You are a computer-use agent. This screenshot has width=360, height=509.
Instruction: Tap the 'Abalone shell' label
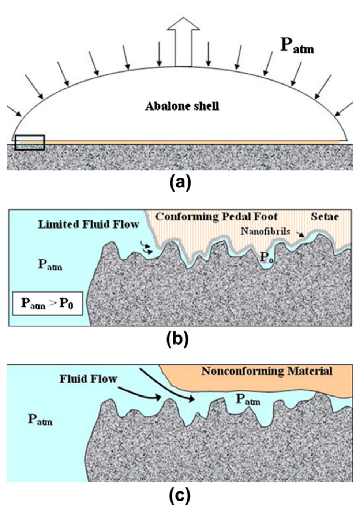click(x=182, y=107)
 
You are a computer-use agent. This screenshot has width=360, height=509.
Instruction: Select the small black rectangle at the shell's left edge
click(x=30, y=142)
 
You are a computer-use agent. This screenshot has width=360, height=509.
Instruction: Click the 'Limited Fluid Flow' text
click(x=88, y=224)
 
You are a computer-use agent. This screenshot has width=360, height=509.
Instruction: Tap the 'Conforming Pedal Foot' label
click(x=216, y=217)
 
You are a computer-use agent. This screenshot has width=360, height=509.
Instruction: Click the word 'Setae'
click(x=325, y=217)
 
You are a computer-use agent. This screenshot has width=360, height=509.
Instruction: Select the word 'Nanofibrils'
click(x=265, y=231)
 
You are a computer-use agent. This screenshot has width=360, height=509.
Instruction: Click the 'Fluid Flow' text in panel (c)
click(x=88, y=379)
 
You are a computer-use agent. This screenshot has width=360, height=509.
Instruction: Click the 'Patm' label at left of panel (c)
click(x=40, y=420)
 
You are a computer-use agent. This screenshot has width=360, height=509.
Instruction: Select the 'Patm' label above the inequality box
click(x=50, y=264)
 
